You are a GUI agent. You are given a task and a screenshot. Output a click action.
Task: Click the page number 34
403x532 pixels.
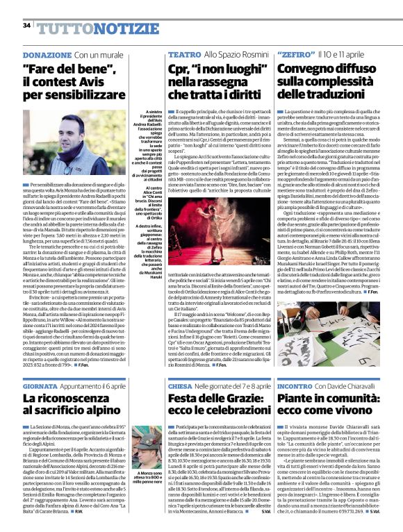26,26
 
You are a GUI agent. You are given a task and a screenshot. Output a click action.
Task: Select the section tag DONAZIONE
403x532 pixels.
47,54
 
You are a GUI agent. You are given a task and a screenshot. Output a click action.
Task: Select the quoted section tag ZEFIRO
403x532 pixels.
294,54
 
